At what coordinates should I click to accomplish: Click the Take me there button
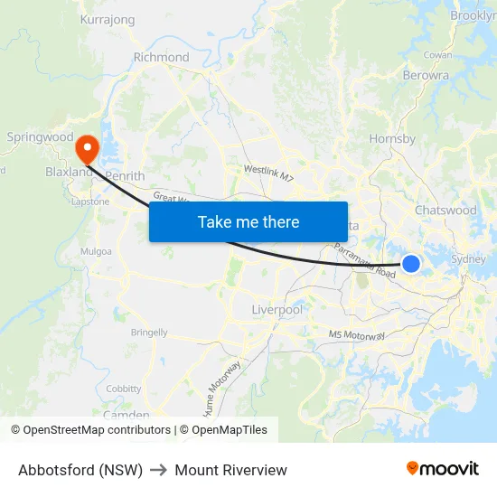[x=248, y=221]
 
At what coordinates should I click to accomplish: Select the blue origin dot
[x=411, y=263]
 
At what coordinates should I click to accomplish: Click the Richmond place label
[x=161, y=57]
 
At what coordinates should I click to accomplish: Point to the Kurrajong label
[x=108, y=19]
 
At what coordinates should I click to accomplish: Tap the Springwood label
[x=40, y=137]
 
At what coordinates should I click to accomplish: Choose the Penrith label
[x=125, y=175]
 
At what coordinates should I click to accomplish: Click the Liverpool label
[x=277, y=310]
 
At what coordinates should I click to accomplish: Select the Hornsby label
[x=392, y=139]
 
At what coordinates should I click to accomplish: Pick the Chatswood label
[x=445, y=210]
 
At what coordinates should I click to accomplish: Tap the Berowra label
[x=426, y=76]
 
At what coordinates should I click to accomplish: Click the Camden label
[x=127, y=415]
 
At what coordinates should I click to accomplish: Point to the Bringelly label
[x=149, y=333]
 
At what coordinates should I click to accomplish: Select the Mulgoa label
[x=96, y=251]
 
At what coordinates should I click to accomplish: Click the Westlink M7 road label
[x=269, y=173]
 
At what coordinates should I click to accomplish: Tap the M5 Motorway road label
[x=357, y=336]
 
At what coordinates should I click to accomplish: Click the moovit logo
[x=443, y=468]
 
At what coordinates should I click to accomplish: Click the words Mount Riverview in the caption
[x=231, y=470]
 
